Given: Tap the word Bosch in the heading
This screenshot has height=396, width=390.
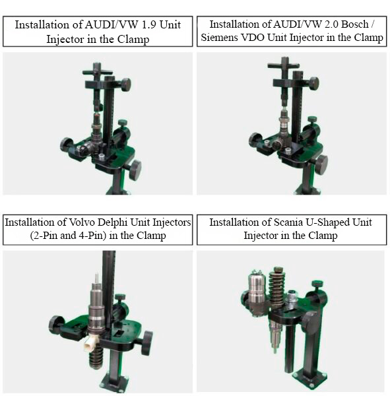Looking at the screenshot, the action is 355,24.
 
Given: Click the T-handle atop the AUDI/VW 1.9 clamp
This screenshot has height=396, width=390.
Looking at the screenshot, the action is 97,71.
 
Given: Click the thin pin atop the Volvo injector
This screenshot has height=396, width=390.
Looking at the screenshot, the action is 97,279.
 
